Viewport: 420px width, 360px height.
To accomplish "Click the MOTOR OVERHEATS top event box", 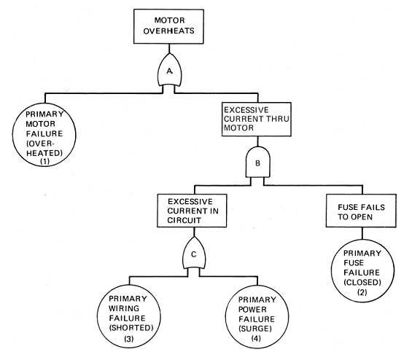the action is click(x=168, y=26).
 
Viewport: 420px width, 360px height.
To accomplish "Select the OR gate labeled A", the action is click(x=169, y=70).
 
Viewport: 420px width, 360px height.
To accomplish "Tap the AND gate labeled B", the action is click(x=257, y=163).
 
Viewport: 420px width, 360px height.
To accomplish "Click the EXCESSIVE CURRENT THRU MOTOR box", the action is click(x=257, y=120).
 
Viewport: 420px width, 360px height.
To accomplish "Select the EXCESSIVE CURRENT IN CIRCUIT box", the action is click(x=192, y=211).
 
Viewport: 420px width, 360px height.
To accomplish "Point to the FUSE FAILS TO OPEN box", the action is click(x=361, y=211).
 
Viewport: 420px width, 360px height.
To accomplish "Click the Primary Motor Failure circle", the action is click(x=44, y=135).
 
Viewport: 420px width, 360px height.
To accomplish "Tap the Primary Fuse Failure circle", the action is click(x=362, y=271).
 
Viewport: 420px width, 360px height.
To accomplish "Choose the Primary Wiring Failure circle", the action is click(x=129, y=316).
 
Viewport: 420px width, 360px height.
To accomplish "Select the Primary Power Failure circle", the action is click(x=257, y=316).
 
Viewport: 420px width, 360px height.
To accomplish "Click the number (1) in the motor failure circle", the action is click(x=44, y=161).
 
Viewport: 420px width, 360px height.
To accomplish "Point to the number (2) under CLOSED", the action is click(x=362, y=292).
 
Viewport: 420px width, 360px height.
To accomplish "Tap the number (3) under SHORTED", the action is click(x=129, y=339).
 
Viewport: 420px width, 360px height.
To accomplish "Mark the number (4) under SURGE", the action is click(x=256, y=338).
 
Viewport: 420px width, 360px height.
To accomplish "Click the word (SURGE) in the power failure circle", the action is click(x=255, y=329).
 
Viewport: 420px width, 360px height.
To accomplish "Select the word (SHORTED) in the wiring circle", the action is click(x=131, y=328).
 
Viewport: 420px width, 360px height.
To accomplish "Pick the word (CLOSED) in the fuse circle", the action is click(x=362, y=282).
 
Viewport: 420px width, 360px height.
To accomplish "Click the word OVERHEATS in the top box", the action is click(x=168, y=31).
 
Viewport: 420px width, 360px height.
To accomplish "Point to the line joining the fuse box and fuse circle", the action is click(x=362, y=233).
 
